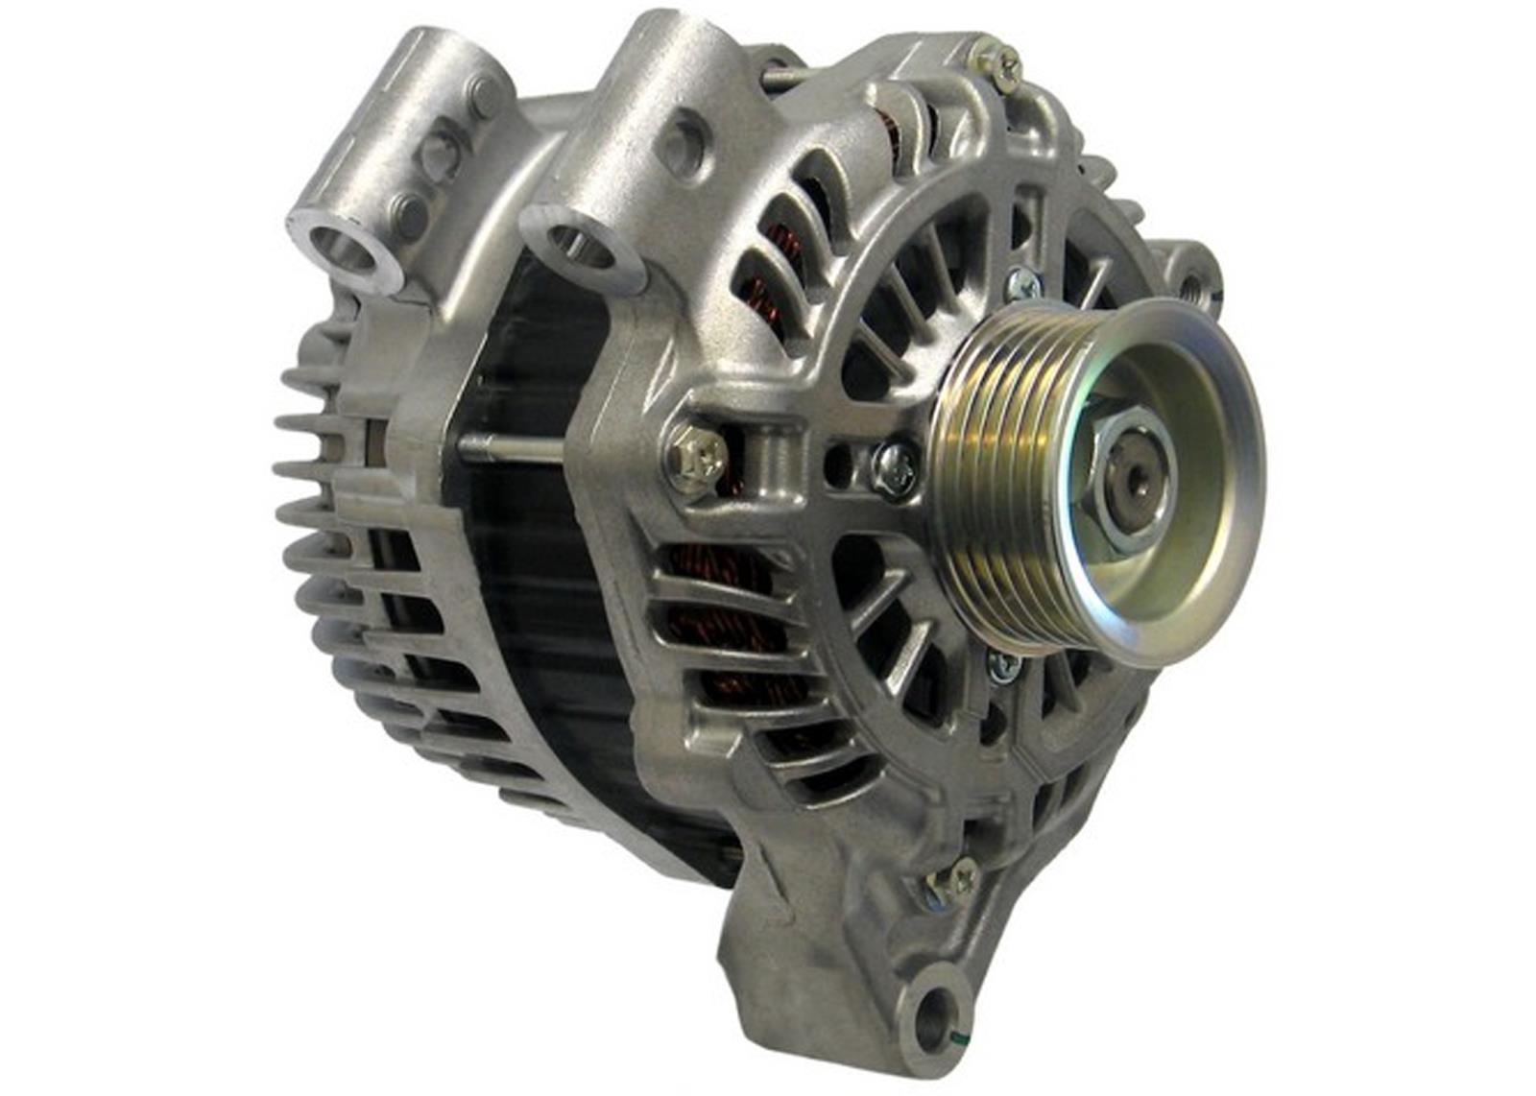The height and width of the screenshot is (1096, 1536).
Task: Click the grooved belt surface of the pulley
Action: pos(998,480)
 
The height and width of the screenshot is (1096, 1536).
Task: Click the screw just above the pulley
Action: pos(1020,282)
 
